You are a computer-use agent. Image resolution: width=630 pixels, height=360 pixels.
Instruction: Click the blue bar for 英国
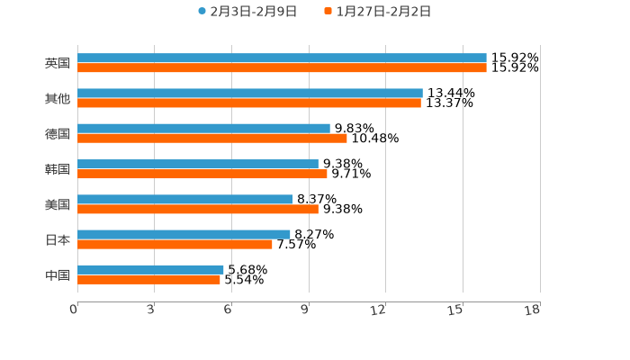(x=282, y=58)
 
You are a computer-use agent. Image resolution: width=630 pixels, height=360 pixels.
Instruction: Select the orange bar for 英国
(x=282, y=68)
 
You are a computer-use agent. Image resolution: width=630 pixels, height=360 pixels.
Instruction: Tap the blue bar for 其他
(x=250, y=94)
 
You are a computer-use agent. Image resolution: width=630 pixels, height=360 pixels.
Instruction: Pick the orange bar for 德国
(x=212, y=139)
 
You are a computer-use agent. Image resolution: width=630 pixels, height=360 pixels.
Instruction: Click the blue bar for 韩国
(x=198, y=164)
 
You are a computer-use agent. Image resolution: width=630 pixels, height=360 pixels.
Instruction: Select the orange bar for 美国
(x=198, y=210)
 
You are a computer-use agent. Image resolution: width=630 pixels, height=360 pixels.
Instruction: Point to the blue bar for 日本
(x=184, y=234)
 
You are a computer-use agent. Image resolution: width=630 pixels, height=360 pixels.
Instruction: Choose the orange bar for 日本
(x=175, y=244)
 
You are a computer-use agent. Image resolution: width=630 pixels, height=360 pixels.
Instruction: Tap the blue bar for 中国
(x=150, y=269)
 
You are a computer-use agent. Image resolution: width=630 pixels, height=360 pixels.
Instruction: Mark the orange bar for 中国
(x=148, y=280)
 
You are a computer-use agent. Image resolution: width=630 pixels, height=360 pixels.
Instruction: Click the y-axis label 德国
(x=58, y=134)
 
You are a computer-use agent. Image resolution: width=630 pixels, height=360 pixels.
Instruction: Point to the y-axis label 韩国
(x=58, y=169)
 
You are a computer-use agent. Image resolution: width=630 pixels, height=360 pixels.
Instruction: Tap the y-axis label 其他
(x=58, y=99)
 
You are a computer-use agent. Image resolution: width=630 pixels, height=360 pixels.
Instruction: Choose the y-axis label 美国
(x=58, y=205)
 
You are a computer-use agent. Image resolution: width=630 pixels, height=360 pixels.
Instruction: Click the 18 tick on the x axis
(x=533, y=310)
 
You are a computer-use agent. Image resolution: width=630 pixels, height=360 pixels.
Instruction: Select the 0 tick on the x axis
(x=74, y=310)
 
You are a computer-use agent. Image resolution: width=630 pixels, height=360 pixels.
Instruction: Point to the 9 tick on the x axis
(x=305, y=310)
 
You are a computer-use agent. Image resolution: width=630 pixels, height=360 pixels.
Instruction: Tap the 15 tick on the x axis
(x=456, y=310)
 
